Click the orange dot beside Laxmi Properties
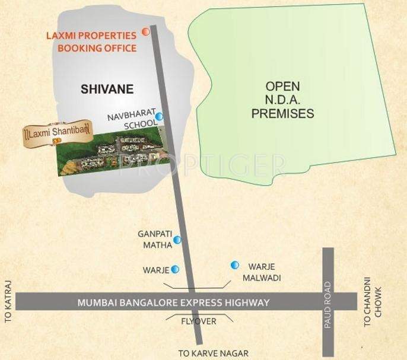(x=145, y=31)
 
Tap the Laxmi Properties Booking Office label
(x=92, y=42)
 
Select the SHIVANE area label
(x=107, y=90)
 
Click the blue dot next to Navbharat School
(x=158, y=117)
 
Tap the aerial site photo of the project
(x=110, y=151)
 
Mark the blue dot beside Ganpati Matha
(x=177, y=240)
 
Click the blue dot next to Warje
(x=175, y=269)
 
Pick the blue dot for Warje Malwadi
(x=235, y=265)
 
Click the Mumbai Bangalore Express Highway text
(x=173, y=302)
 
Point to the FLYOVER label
(x=198, y=321)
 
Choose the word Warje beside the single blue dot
(x=156, y=270)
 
